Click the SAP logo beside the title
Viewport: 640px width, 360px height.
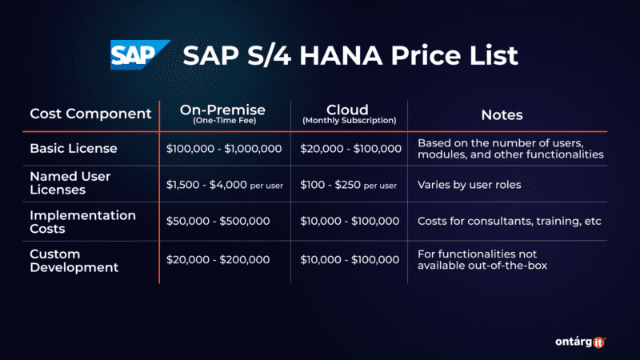click(140, 55)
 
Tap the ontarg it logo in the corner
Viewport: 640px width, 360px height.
click(578, 342)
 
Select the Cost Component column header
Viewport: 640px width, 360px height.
click(90, 114)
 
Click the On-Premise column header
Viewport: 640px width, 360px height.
click(225, 110)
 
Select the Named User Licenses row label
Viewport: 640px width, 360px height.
click(70, 183)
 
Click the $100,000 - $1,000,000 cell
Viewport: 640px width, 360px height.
click(224, 149)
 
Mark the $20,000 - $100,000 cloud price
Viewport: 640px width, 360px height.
click(350, 149)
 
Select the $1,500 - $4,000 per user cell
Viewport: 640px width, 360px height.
click(225, 185)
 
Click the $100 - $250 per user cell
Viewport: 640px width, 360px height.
click(349, 185)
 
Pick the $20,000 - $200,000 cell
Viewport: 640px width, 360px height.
click(218, 259)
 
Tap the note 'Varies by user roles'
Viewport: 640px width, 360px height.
click(469, 185)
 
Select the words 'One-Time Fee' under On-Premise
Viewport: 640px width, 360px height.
click(225, 121)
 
